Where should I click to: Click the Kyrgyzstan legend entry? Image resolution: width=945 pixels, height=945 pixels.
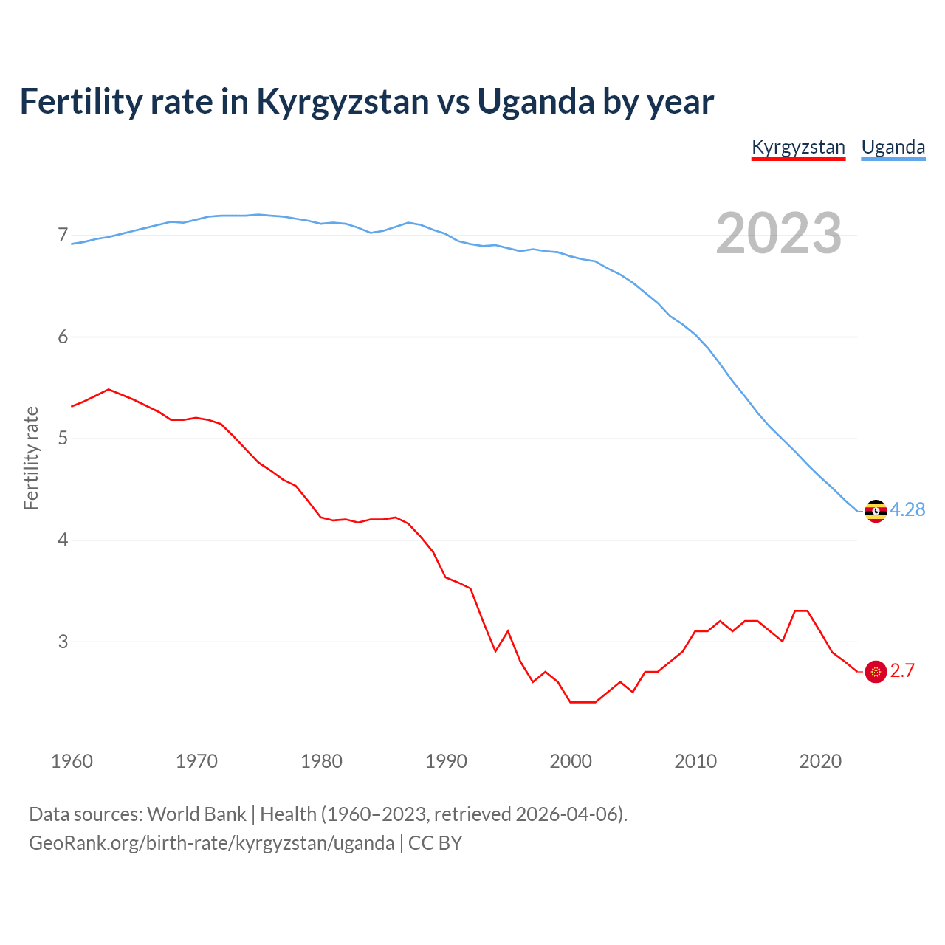point(798,147)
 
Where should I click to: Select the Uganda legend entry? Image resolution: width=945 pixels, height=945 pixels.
point(893,147)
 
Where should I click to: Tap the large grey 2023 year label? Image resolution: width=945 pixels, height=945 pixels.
point(779,233)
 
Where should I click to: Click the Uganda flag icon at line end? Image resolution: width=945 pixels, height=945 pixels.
point(876,511)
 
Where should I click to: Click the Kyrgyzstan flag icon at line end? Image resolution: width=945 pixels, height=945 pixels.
point(876,671)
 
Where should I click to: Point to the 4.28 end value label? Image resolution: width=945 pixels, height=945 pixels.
point(907,509)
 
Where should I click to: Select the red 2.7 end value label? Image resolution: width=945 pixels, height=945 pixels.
point(902,670)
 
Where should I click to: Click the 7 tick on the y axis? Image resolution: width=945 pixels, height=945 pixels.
point(63,236)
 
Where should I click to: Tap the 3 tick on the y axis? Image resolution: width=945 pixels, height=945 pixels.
point(63,642)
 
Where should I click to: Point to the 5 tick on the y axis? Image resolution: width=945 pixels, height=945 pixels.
point(63,439)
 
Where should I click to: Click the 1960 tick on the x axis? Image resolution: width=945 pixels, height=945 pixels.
point(72,761)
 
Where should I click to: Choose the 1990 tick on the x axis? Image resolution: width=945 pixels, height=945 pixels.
point(446,761)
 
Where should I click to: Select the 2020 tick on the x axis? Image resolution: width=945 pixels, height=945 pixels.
point(820,761)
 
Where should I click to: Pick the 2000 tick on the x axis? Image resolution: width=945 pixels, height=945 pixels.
point(571,761)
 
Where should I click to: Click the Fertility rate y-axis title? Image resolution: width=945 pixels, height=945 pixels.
point(31,458)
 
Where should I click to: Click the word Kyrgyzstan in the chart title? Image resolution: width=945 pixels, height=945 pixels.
point(343,102)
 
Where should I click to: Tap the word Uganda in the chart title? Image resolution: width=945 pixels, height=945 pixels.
point(536,102)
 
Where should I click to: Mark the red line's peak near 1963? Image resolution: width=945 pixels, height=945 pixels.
point(109,389)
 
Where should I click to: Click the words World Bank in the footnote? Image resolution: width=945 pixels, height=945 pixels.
point(196,814)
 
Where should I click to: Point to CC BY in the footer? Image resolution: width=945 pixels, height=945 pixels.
point(436,843)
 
